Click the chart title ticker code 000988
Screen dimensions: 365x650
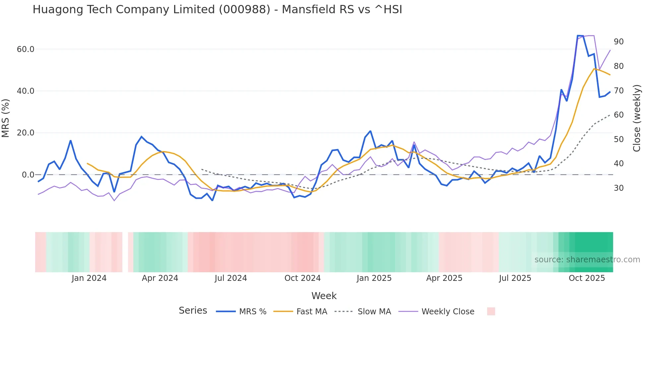tap(244, 10)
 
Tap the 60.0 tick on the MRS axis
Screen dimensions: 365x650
tap(26, 49)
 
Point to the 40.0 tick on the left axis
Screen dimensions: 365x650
tap(26, 91)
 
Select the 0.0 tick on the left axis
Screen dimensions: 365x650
tap(28, 175)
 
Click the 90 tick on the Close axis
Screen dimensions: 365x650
tap(618, 42)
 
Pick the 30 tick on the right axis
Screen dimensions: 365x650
tap(618, 188)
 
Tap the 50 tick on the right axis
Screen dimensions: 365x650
tap(618, 139)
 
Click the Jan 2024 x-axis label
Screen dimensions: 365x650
tap(89, 278)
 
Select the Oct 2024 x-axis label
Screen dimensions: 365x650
tap(302, 278)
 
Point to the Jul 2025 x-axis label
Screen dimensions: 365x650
tap(515, 278)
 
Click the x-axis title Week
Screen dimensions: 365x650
tap(324, 296)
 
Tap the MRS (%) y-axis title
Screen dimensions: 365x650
tap(6, 118)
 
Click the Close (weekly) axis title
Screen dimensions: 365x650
tap(637, 118)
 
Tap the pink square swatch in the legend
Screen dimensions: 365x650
tap(491, 311)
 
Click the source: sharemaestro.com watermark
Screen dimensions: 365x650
tap(587, 260)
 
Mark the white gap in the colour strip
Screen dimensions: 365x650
tap(125, 252)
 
